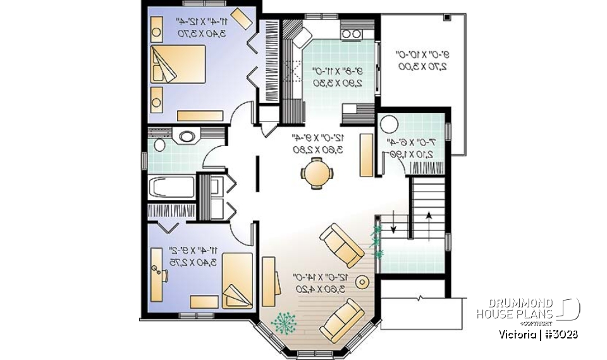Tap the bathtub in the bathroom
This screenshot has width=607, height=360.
coord(171,188)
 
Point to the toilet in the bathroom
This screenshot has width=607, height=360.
coord(157,145)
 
